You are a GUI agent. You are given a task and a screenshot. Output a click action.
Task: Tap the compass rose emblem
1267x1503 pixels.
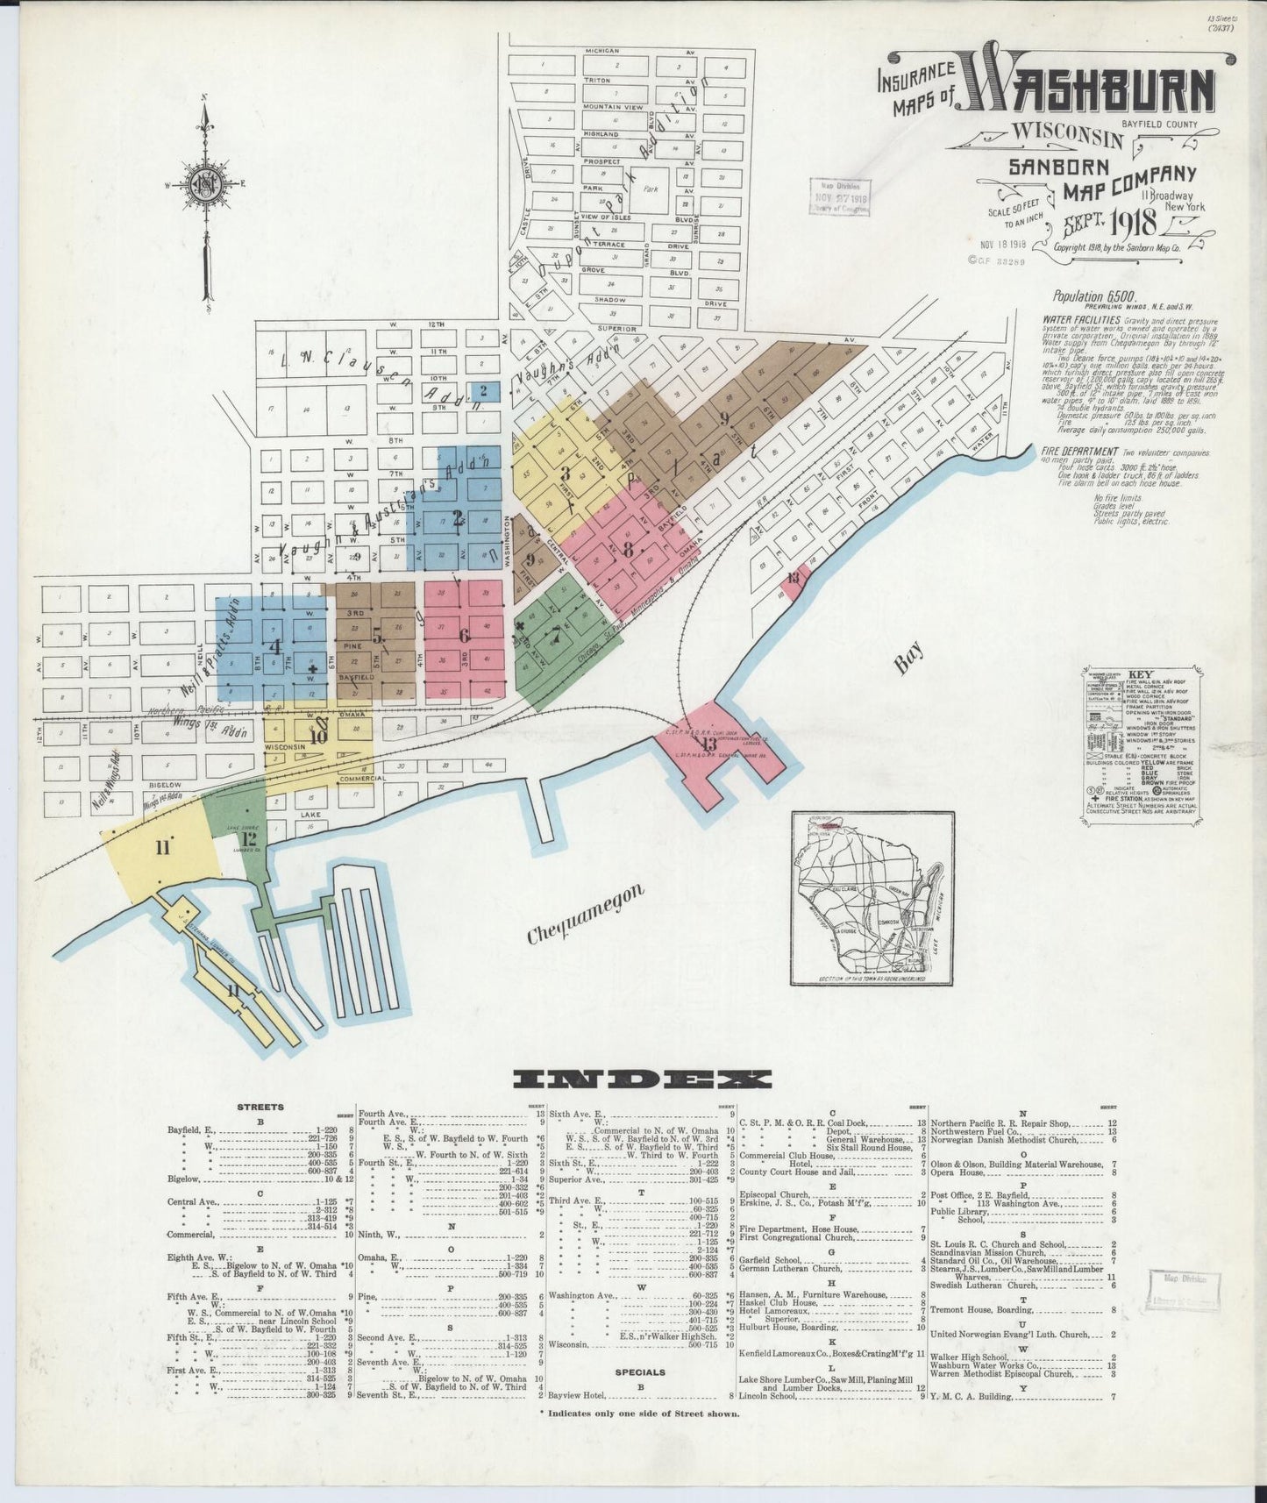click(206, 183)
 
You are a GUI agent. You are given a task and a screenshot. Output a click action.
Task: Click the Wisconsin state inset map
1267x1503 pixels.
click(872, 897)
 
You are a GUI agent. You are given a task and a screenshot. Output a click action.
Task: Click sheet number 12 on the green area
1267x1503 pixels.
click(250, 838)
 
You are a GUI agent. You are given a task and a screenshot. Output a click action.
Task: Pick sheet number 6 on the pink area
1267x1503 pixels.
click(464, 635)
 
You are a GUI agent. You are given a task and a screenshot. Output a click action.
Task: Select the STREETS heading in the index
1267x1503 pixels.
click(260, 1107)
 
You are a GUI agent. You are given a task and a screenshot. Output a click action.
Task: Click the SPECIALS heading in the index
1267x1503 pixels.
click(640, 1396)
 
